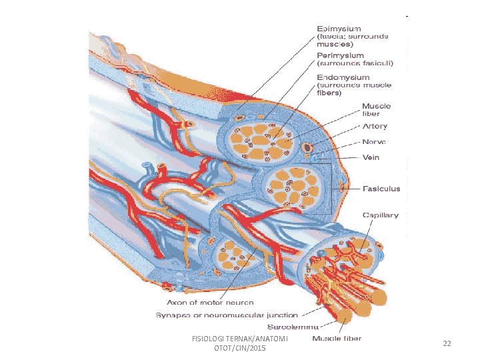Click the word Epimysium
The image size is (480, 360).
[x=339, y=29]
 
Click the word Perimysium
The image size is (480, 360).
[x=340, y=55]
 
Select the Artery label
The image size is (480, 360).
[x=374, y=126]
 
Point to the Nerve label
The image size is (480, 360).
[x=373, y=141]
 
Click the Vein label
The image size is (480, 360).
[x=371, y=157]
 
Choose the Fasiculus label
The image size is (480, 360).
[x=381, y=189]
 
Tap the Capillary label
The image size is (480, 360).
[x=380, y=215]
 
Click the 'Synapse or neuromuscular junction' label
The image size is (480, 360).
[x=227, y=314]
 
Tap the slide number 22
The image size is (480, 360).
[x=447, y=343]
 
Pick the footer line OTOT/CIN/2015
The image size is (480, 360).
[x=239, y=349]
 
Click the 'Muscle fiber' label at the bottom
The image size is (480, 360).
[x=337, y=339]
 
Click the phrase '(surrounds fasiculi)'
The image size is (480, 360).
[x=355, y=64]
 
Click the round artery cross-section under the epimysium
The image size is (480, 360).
[x=307, y=147]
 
